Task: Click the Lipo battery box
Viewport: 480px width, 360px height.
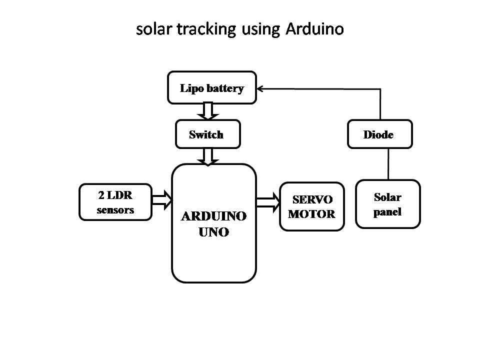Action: click(x=212, y=88)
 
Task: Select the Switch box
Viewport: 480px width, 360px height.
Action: click(x=207, y=134)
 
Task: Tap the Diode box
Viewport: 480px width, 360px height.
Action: click(x=380, y=134)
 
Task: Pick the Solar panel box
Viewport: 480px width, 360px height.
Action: click(x=387, y=204)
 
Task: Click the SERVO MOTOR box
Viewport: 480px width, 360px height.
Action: click(x=312, y=206)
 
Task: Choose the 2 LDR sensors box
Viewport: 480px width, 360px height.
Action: click(x=115, y=202)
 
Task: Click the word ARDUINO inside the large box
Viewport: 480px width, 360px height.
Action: click(x=213, y=216)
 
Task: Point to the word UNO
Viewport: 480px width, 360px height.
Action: click(x=214, y=232)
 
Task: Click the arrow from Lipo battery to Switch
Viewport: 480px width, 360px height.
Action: click(x=208, y=111)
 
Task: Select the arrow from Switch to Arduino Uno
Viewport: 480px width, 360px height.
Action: click(x=208, y=156)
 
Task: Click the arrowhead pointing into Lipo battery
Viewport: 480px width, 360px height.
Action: click(x=261, y=88)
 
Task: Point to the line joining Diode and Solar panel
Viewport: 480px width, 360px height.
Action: click(x=388, y=164)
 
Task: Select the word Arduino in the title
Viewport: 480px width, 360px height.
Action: click(x=315, y=29)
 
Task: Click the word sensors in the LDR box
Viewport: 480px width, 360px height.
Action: click(x=115, y=210)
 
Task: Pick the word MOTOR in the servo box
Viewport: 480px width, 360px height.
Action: click(x=312, y=214)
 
